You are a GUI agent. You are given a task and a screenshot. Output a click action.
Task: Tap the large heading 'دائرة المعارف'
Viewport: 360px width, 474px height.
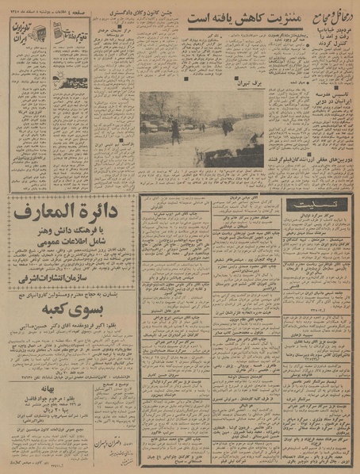pos(70,212)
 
